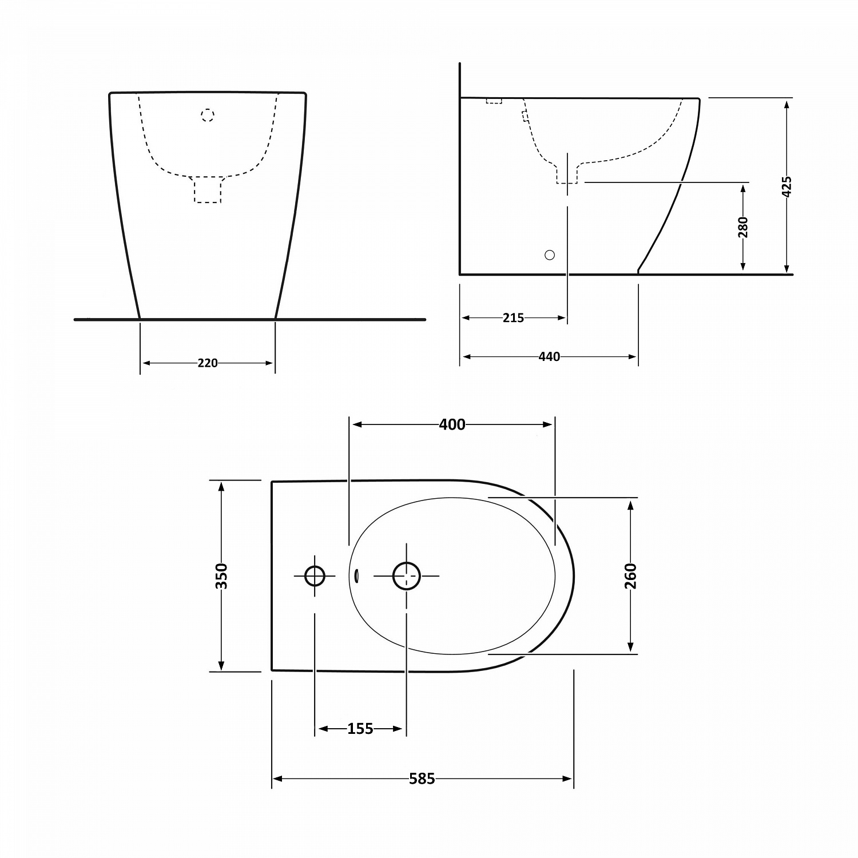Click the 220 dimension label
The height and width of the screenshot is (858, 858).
[208, 363]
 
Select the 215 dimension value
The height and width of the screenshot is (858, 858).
[513, 318]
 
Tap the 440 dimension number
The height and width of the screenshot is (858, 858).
[549, 357]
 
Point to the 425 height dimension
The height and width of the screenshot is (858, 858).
[787, 186]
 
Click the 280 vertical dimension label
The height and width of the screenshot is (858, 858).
[743, 227]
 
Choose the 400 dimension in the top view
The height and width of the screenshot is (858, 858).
[452, 424]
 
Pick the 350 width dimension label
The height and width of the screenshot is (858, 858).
[222, 576]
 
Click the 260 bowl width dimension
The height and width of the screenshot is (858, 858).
[630, 575]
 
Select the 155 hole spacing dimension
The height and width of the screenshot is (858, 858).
[360, 729]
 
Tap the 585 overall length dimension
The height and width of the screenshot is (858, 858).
[422, 778]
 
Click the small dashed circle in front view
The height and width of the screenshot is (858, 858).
[208, 116]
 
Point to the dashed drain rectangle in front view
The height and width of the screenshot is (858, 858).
[208, 189]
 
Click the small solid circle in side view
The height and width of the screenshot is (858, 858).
[550, 255]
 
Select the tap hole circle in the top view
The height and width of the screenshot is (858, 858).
[315, 575]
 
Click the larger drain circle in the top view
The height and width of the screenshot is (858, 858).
[407, 575]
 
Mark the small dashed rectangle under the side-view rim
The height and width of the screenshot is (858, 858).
[494, 101]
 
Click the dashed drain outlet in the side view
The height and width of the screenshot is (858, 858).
[567, 174]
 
